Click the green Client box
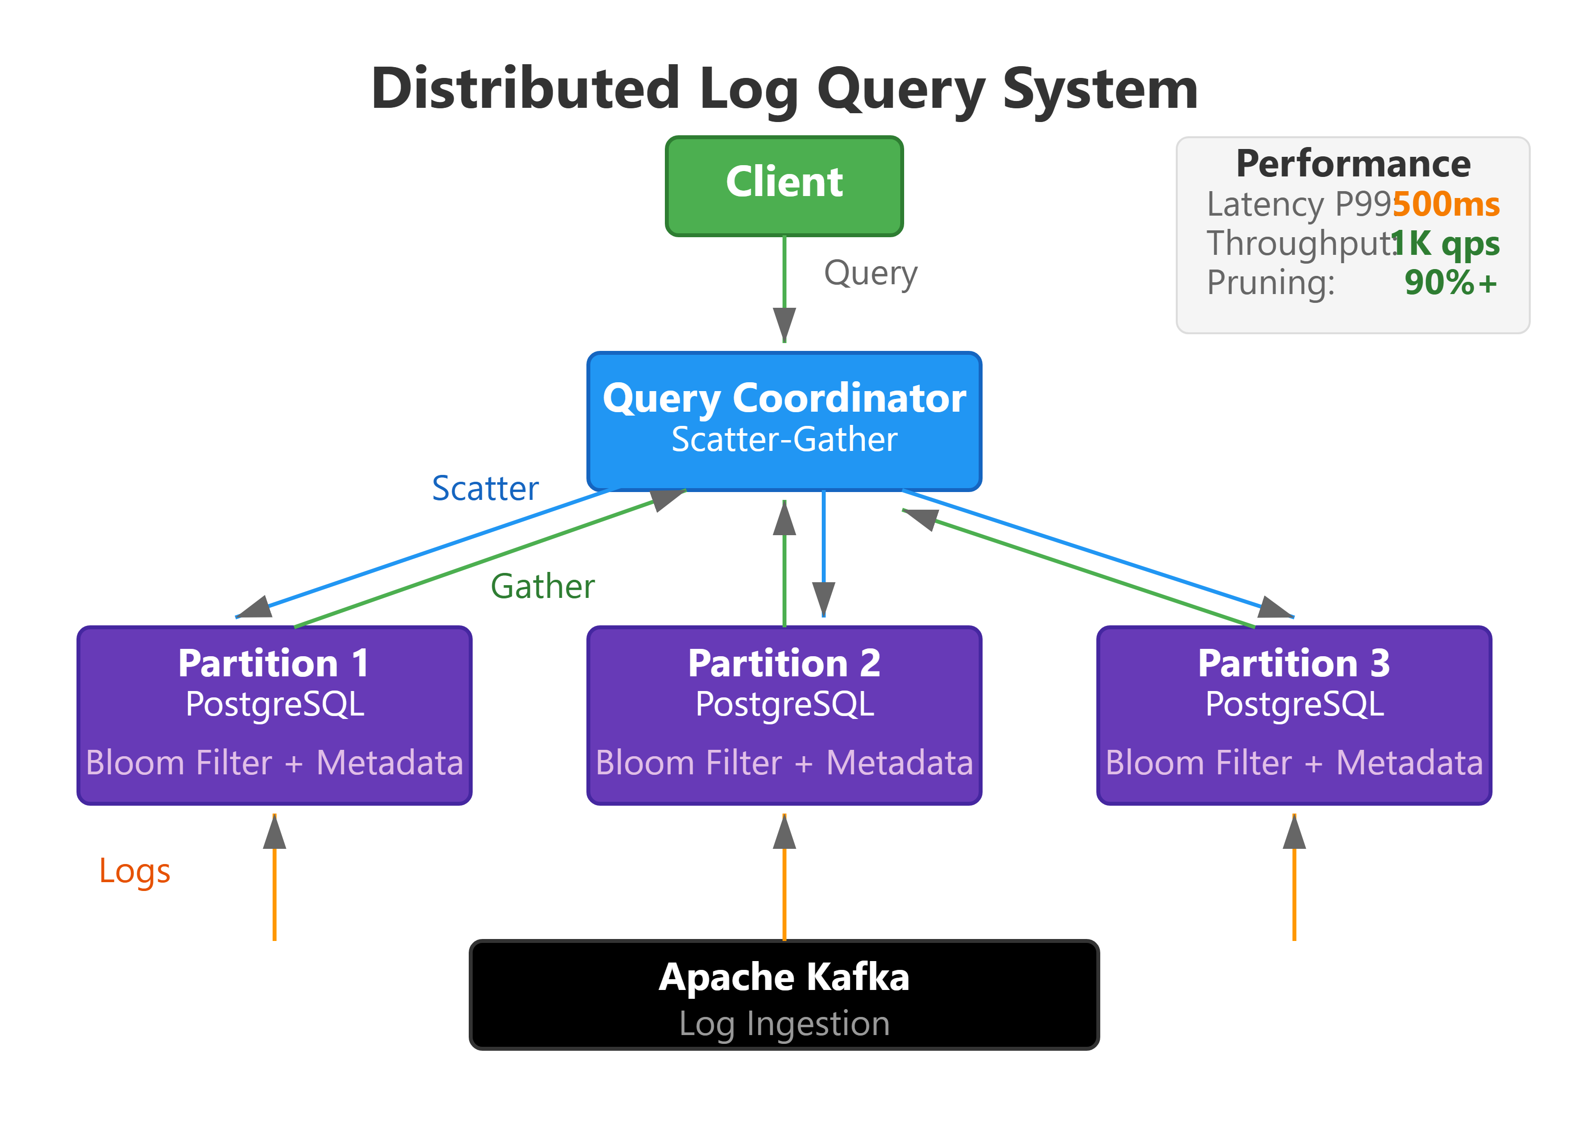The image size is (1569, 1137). [x=784, y=185]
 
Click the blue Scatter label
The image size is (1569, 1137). [x=485, y=489]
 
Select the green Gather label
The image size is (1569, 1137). [x=542, y=587]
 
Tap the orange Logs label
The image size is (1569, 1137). [x=134, y=871]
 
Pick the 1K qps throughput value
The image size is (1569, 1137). [x=1446, y=244]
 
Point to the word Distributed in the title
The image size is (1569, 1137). [x=525, y=89]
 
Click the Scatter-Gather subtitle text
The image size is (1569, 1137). [x=784, y=440]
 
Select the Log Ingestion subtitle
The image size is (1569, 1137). [x=784, y=1024]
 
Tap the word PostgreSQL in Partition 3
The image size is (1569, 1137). [x=1293, y=705]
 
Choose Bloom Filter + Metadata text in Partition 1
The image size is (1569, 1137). [x=274, y=763]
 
